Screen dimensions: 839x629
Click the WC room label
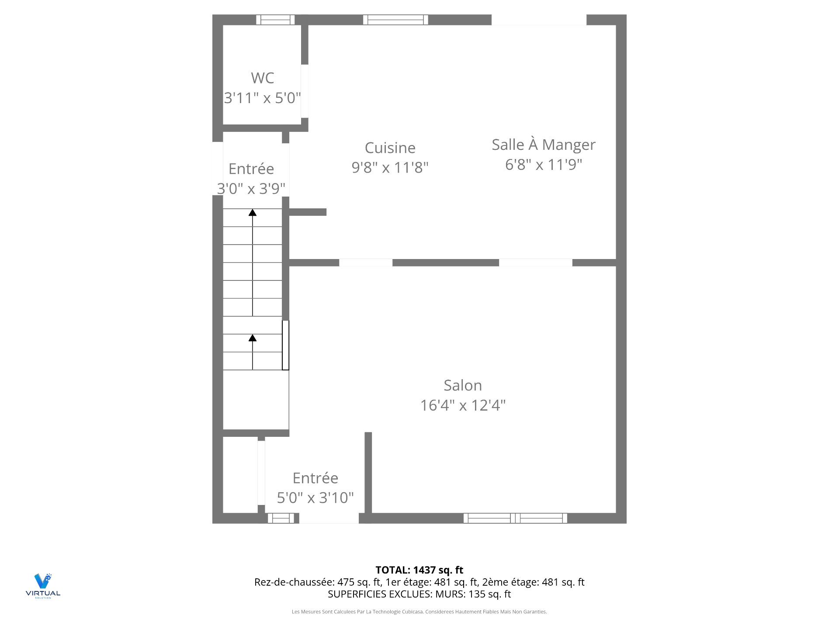coord(262,78)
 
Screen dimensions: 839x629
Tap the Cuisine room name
coord(390,148)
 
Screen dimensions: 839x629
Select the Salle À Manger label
coord(544,145)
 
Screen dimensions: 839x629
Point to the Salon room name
coord(463,385)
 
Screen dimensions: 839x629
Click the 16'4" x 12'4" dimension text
coord(463,405)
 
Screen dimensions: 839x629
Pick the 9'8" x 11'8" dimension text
coord(390,167)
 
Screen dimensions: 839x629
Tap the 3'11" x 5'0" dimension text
coord(262,98)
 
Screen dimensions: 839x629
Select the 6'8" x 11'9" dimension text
coord(544,165)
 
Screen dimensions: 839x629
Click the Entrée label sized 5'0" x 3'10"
coord(315,478)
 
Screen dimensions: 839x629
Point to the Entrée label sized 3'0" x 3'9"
coord(251,169)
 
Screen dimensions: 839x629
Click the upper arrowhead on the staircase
coord(253,213)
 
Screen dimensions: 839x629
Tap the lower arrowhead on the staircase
coord(253,338)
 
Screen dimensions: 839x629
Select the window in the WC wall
coord(275,20)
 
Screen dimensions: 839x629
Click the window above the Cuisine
coord(395,20)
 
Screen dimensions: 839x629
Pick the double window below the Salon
coord(515,518)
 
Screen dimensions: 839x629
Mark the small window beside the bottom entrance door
coord(281,518)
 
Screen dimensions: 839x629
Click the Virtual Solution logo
coord(43,586)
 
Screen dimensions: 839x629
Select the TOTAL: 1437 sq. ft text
coord(419,570)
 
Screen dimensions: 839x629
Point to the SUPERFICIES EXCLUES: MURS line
coord(419,594)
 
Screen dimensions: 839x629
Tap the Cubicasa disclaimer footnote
coord(419,612)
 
